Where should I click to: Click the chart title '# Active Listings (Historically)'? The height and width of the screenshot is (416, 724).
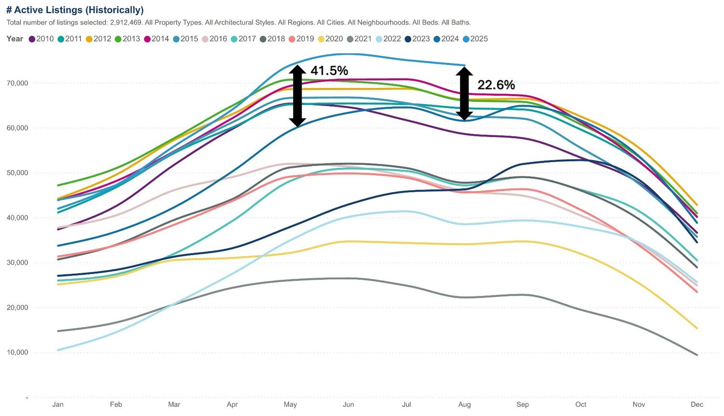pos(75,10)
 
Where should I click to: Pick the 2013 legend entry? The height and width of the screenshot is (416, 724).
pos(128,39)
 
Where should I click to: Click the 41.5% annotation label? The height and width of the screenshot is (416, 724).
pos(329,70)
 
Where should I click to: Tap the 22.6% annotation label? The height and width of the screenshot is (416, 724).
pos(496,85)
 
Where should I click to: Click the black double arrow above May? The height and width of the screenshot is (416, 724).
pos(298,96)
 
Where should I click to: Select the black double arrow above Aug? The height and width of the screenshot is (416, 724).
pos(464,93)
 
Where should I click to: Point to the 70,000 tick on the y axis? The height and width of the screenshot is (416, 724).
pos(17,83)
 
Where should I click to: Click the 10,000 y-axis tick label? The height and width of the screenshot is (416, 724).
pos(17,353)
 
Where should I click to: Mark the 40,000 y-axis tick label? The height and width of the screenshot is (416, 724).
pos(17,218)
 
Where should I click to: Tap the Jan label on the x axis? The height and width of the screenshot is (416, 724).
pos(58,404)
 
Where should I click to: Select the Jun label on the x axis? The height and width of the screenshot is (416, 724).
pos(348,404)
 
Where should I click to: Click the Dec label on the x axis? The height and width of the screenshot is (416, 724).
pos(697,404)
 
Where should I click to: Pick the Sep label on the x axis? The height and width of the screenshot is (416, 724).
pos(523,404)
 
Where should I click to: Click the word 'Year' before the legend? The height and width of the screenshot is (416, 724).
pos(15,39)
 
